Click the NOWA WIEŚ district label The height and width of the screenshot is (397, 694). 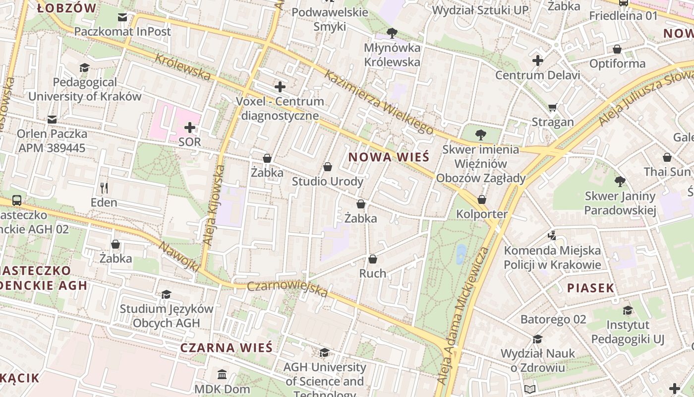(x=388, y=157)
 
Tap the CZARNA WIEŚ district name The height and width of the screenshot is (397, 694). (x=226, y=347)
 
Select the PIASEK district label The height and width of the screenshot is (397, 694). (x=590, y=288)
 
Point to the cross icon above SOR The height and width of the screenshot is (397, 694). (x=190, y=128)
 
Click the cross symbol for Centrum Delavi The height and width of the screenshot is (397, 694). (x=538, y=61)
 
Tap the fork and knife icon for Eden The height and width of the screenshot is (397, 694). (x=104, y=188)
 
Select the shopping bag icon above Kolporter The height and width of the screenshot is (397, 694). (x=481, y=199)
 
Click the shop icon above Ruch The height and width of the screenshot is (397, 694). (x=373, y=259)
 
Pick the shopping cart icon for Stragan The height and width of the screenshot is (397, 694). (x=553, y=107)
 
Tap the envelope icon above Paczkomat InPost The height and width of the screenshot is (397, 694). (x=122, y=17)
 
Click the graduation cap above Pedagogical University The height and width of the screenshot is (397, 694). (x=85, y=67)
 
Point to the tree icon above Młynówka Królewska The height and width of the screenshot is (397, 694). (x=392, y=33)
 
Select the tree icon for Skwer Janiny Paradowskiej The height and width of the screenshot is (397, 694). (x=620, y=182)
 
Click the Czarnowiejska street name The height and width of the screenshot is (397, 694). (x=288, y=289)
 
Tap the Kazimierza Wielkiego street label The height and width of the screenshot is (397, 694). (x=379, y=102)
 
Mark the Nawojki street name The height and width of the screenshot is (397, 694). (x=179, y=256)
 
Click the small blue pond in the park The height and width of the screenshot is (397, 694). (x=461, y=254)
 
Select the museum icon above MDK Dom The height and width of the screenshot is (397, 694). (x=222, y=374)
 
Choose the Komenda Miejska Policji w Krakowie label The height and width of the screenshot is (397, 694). (x=552, y=258)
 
